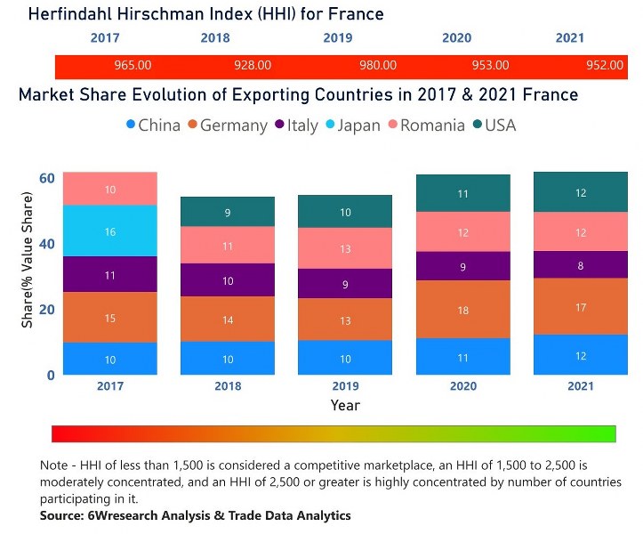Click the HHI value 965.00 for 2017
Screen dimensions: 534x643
tap(133, 66)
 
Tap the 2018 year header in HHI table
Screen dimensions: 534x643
tap(215, 38)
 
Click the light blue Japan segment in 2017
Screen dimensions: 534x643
tap(110, 231)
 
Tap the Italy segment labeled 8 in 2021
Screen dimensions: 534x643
tap(580, 264)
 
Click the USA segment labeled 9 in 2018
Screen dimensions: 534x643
tap(228, 212)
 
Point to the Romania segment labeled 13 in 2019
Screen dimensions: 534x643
tap(345, 248)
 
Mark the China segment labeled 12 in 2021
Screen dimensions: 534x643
tap(580, 355)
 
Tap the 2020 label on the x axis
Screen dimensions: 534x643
tap(462, 386)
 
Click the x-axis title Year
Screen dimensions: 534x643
tap(345, 405)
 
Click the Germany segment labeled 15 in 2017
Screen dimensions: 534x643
tap(110, 318)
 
